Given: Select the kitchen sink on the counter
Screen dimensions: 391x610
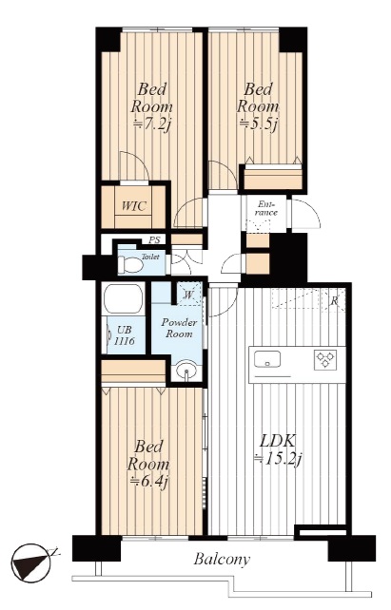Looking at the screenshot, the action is coord(267,358).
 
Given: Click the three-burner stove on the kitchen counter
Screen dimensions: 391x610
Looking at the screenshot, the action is coord(325,360).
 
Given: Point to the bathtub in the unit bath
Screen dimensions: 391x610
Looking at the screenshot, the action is coord(123,298).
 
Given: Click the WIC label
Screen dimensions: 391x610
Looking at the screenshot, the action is coord(133,206).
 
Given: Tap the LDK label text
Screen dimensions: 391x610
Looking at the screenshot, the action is coord(278,443).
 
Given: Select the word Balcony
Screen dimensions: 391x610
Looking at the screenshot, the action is coord(222,560).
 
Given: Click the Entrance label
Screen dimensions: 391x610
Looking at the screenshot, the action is coord(266,209).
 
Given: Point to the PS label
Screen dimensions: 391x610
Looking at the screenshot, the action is coord(154,240).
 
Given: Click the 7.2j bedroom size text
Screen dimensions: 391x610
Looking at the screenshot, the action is coord(152,124).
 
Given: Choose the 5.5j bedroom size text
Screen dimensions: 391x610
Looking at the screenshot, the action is coord(258,124).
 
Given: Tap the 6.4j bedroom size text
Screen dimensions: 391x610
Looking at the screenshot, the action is coord(149,482).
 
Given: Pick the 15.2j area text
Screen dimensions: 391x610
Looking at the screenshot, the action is coord(277,460).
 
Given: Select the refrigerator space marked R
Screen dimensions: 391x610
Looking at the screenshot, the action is coord(334,300).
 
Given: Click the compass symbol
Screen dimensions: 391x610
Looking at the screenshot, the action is coord(32,562).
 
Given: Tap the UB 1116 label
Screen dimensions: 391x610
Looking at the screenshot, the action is coord(125,335).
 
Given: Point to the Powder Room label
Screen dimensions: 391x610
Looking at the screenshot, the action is coord(179,328).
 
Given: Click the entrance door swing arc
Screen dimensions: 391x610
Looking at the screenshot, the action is coord(311,212).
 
